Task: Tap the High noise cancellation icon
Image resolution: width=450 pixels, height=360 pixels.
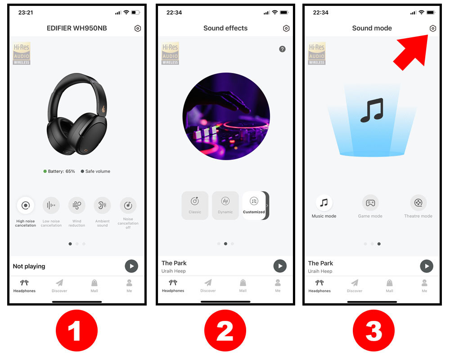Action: pos(26,205)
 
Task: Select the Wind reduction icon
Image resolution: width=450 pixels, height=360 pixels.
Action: pos(76,205)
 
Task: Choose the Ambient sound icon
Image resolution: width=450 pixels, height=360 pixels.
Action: pos(102,205)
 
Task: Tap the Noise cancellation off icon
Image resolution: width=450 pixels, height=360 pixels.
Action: pos(128,205)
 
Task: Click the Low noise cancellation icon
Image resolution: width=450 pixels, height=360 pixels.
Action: pos(51,205)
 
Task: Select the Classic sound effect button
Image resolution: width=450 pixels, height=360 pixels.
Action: pos(195,206)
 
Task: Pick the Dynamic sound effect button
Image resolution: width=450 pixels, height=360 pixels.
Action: pos(225,206)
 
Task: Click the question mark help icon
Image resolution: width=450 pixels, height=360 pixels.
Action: pos(283,49)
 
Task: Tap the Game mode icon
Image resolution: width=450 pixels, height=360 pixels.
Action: pos(370,203)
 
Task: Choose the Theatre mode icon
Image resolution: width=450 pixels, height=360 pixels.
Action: pos(418,203)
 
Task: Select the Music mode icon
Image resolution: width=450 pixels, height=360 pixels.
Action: pos(324,203)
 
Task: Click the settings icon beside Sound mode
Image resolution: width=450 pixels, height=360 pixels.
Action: pos(433,28)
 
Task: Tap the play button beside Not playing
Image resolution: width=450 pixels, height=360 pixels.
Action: pos(131,266)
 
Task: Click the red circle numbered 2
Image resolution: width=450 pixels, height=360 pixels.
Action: pos(225,330)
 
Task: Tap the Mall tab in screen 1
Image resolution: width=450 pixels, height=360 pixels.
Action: pos(94,286)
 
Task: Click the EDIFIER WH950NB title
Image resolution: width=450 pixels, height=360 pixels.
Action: pos(76,28)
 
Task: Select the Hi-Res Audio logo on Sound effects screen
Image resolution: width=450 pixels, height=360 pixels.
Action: pos(170,54)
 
